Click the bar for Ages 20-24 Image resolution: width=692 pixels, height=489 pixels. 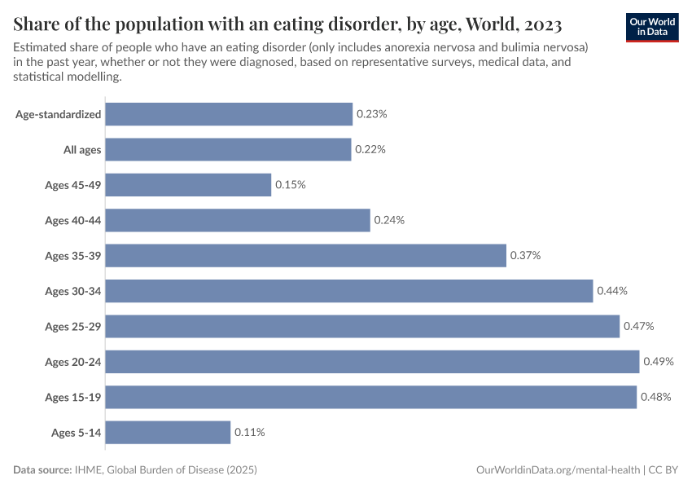click(x=372, y=362)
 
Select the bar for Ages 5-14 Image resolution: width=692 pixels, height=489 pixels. click(x=168, y=432)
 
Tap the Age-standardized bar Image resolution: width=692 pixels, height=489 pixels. click(x=229, y=114)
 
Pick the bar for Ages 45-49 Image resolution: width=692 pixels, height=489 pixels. click(x=188, y=185)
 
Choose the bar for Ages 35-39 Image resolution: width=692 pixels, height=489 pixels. click(x=305, y=256)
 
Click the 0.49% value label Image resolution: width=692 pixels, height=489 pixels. click(x=659, y=362)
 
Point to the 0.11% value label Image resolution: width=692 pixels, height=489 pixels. click(x=250, y=432)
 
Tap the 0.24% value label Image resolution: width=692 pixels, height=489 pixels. click(x=389, y=220)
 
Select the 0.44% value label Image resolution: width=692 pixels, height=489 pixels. click(x=612, y=291)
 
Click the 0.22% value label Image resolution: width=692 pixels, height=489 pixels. click(x=370, y=150)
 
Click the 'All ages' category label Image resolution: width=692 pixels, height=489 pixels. click(x=82, y=150)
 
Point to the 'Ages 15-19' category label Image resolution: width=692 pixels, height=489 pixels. click(x=73, y=397)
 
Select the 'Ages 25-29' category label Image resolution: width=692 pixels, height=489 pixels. click(x=73, y=327)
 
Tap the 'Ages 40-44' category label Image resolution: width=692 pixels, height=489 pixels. click(x=73, y=220)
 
